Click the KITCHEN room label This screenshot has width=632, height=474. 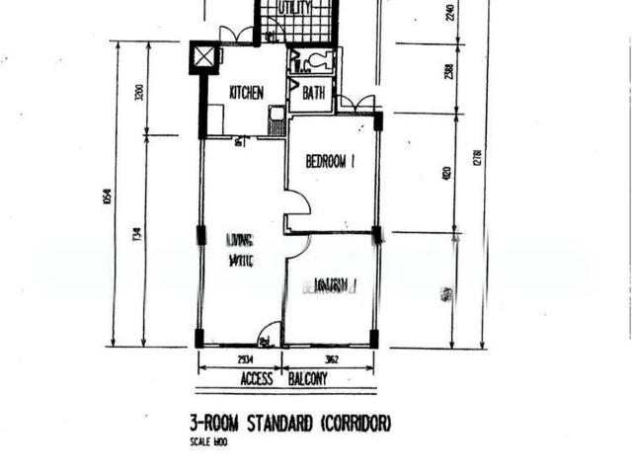[246, 93]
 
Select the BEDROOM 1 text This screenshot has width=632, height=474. [330, 162]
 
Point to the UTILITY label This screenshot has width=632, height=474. [295, 8]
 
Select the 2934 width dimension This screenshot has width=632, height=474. [240, 360]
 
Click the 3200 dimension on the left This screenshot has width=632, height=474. [140, 94]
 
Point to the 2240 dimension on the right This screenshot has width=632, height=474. [449, 14]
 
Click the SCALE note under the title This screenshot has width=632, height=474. [208, 442]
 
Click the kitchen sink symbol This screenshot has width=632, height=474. [276, 124]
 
